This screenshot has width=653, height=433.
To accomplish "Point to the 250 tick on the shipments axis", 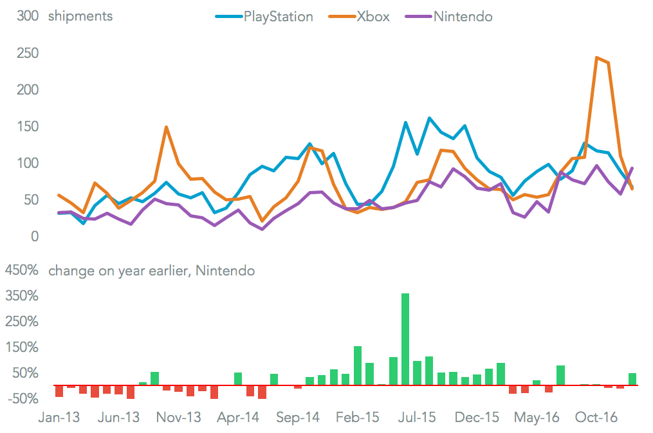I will click(28, 53).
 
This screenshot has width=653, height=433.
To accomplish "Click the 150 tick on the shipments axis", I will click(28, 127).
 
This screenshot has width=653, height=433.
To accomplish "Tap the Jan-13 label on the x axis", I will click(59, 418).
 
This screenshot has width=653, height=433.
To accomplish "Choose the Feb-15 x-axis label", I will click(358, 418).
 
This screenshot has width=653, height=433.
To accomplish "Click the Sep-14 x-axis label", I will click(298, 418).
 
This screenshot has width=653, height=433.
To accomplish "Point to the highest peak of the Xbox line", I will click(597, 58).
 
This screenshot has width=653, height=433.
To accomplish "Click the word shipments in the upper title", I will click(80, 17).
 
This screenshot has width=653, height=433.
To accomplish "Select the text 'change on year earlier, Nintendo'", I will click(151, 271).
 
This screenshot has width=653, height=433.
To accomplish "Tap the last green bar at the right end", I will click(632, 379).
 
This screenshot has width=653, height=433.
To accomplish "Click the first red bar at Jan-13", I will click(59, 391).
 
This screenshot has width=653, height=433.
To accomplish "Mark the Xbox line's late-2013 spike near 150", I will click(167, 127).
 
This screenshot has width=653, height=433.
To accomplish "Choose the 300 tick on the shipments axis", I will click(28, 17).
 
